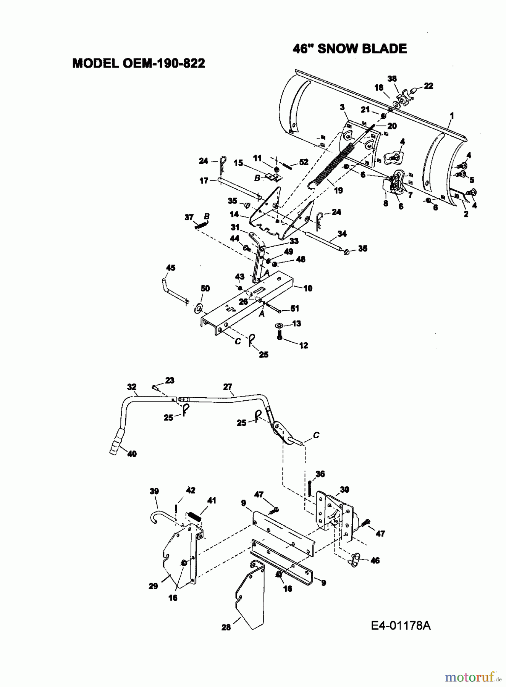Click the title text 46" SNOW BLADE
tap(349, 49)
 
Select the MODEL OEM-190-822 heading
tap(139, 63)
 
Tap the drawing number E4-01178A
tap(400, 626)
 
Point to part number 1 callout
tap(452, 115)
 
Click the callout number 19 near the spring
tap(338, 190)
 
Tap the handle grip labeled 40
tap(117, 441)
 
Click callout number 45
tap(171, 268)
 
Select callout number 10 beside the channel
tap(308, 288)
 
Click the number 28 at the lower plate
tap(226, 627)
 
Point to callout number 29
tap(153, 586)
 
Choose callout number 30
tap(344, 490)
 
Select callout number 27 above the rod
tap(228, 387)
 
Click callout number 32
tap(132, 387)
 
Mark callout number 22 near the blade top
tap(428, 86)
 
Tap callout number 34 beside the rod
tap(342, 233)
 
